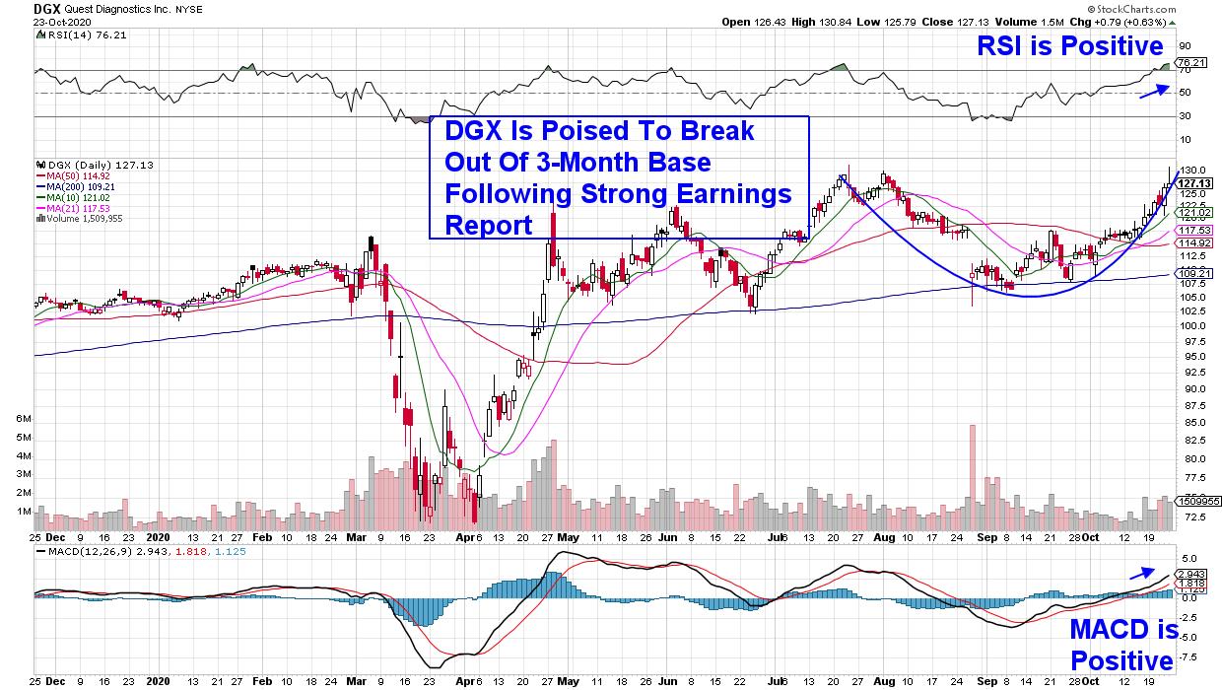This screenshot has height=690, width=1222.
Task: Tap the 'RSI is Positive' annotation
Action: click(x=1069, y=45)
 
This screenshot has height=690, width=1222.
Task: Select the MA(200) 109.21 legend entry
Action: click(x=73, y=184)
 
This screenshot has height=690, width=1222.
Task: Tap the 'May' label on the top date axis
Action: click(x=568, y=540)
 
